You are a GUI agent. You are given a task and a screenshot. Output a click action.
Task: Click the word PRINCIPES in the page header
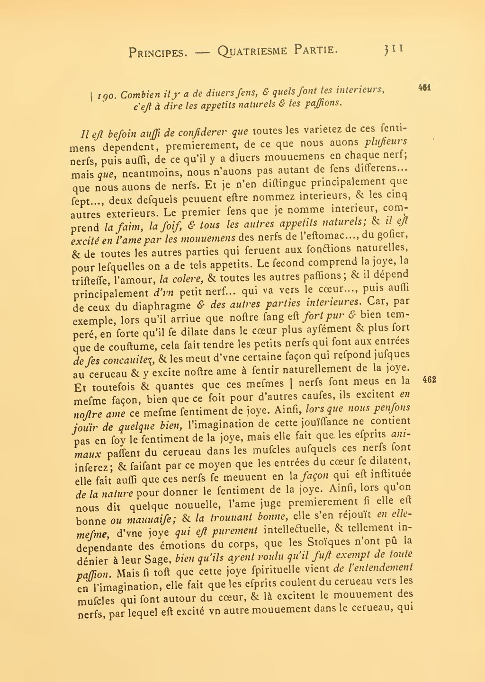point(158,53)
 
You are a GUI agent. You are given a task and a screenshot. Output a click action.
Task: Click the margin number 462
point(429,380)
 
